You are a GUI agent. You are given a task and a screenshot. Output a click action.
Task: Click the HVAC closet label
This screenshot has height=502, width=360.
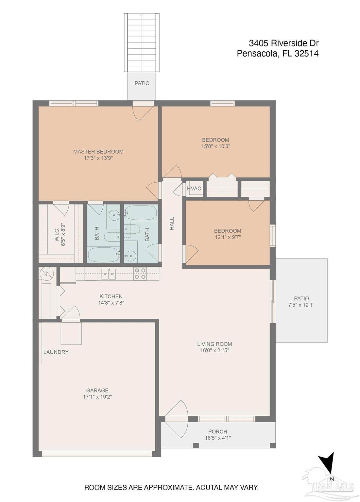point(194,189)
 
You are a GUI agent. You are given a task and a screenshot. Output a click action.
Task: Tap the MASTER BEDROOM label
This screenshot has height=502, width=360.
point(98,152)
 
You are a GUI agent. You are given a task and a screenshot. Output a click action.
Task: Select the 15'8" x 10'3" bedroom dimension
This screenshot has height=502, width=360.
point(216,146)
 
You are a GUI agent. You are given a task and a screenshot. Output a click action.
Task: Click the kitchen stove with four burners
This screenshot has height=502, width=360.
point(140,274)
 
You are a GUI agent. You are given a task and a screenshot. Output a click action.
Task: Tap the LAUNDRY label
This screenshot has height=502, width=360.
point(56,352)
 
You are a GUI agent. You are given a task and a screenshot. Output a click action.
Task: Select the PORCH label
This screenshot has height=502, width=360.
point(218,431)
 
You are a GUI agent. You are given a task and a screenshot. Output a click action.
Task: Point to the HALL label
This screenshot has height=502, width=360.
point(172,224)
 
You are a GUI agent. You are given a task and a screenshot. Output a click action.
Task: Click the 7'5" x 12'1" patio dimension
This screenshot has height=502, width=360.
point(301,305)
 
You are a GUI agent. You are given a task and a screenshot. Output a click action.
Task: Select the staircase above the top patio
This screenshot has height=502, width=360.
point(142,42)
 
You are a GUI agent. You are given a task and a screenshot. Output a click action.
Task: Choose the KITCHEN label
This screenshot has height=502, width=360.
point(111,296)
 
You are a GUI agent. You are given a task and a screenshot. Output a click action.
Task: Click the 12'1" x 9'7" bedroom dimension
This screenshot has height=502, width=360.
point(228,237)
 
